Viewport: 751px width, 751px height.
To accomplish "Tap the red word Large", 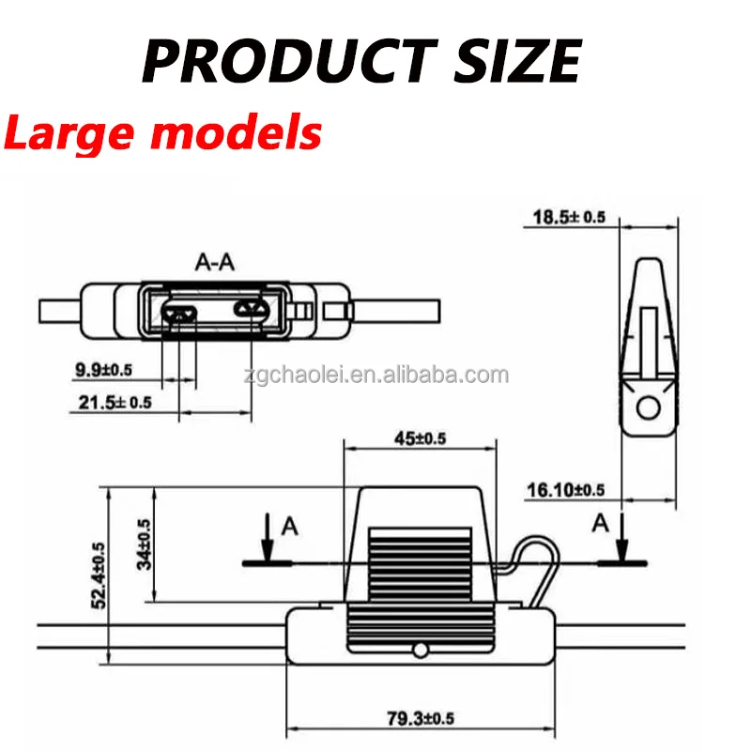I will coord(70,132).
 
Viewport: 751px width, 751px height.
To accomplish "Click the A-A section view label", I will coord(214,262).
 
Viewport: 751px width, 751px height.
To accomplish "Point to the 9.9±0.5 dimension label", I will coord(103,370).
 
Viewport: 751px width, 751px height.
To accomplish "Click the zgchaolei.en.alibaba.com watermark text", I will coord(386,376).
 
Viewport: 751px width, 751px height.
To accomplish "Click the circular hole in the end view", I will coord(647,406).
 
